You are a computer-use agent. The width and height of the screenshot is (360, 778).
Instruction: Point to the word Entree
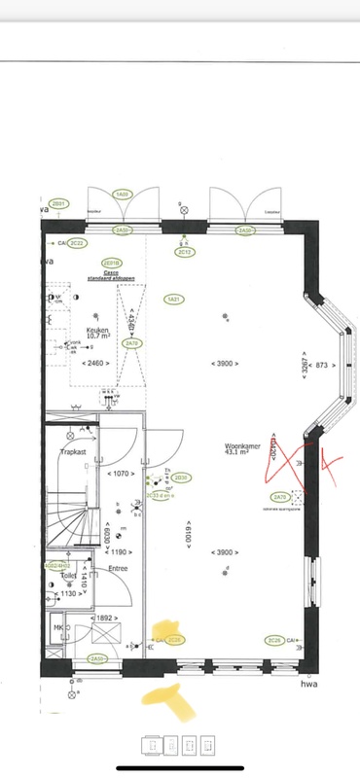(x=119, y=568)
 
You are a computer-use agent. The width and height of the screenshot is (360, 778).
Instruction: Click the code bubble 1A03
(x=123, y=194)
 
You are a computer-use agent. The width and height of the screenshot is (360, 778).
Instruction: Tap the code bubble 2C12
(x=184, y=252)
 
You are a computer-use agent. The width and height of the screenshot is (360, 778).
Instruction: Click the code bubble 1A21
(x=173, y=299)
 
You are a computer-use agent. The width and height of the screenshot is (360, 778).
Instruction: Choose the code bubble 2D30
(x=181, y=477)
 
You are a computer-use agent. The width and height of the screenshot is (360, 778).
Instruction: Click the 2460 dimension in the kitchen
(x=94, y=363)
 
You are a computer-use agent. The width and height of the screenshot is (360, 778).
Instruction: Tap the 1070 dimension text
(x=120, y=474)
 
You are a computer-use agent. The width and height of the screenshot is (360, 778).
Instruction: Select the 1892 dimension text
(x=105, y=619)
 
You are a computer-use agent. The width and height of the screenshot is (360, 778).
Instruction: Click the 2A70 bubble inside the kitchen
(x=134, y=343)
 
